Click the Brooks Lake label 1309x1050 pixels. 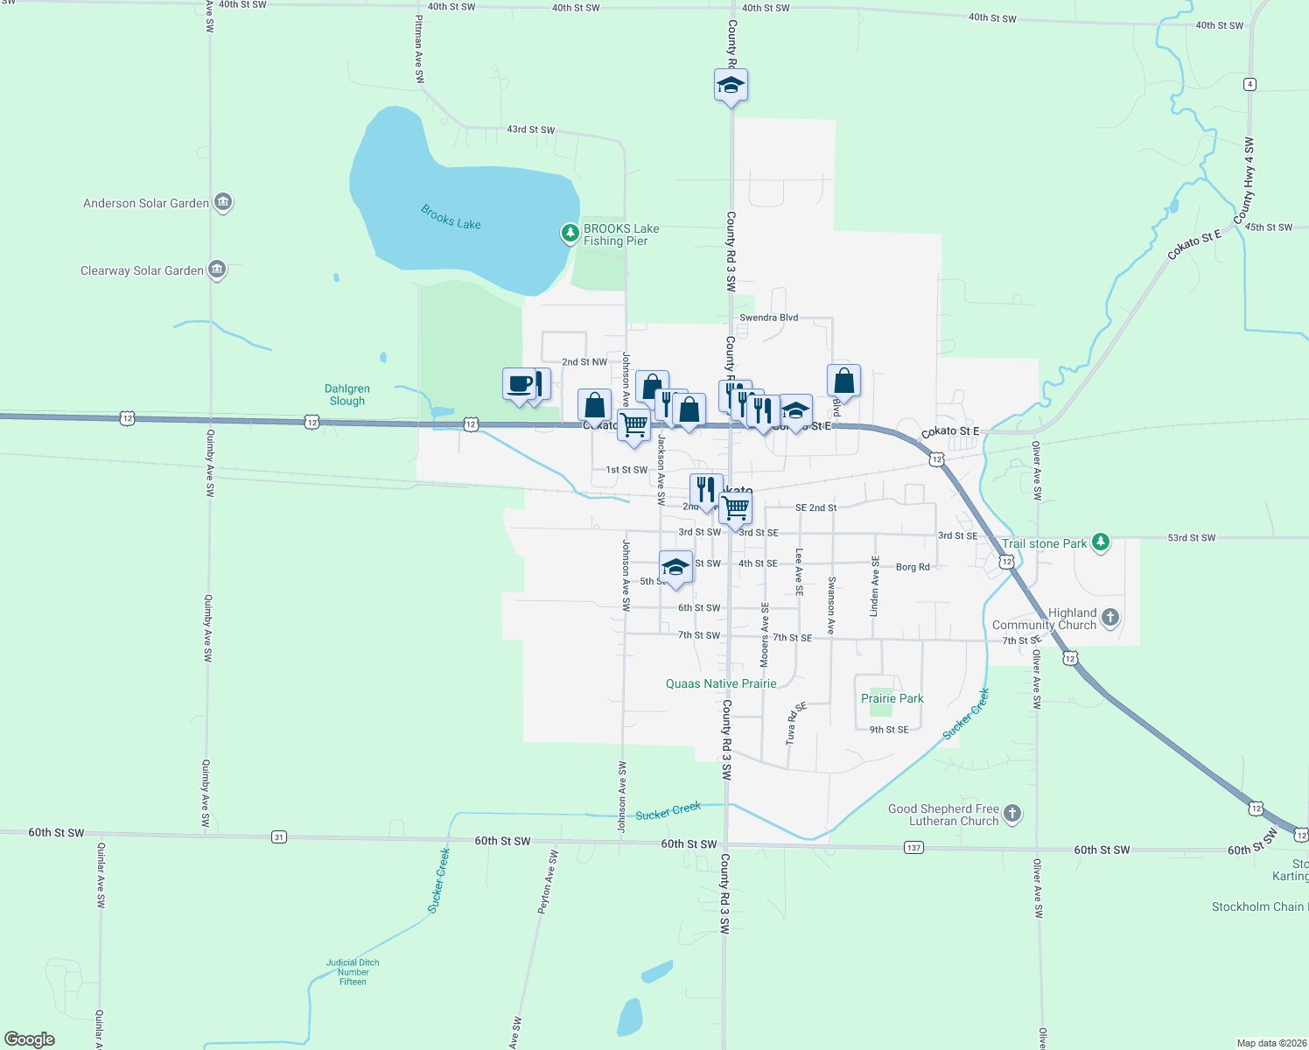(x=451, y=217)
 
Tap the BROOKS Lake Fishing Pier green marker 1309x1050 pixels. (x=570, y=233)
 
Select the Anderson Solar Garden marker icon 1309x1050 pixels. (x=223, y=202)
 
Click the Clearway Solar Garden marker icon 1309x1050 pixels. (x=217, y=269)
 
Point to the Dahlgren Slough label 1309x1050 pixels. (x=347, y=395)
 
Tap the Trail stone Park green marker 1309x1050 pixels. (x=1101, y=542)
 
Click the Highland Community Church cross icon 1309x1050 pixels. (x=1109, y=618)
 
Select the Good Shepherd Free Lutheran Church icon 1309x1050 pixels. (x=1011, y=814)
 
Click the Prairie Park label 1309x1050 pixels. (x=892, y=698)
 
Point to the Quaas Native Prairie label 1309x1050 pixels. (x=721, y=683)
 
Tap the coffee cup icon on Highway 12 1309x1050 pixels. (x=520, y=383)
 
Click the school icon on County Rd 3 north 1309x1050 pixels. (x=731, y=85)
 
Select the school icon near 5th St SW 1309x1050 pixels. (x=675, y=566)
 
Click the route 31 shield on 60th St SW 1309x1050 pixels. (x=278, y=837)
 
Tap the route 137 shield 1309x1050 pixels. (x=913, y=848)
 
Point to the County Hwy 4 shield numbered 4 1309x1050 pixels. (x=1249, y=84)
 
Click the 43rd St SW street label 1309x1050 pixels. (x=530, y=129)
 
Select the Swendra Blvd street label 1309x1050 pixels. (x=768, y=318)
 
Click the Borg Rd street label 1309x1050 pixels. (x=913, y=567)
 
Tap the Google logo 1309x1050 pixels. (x=30, y=1039)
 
